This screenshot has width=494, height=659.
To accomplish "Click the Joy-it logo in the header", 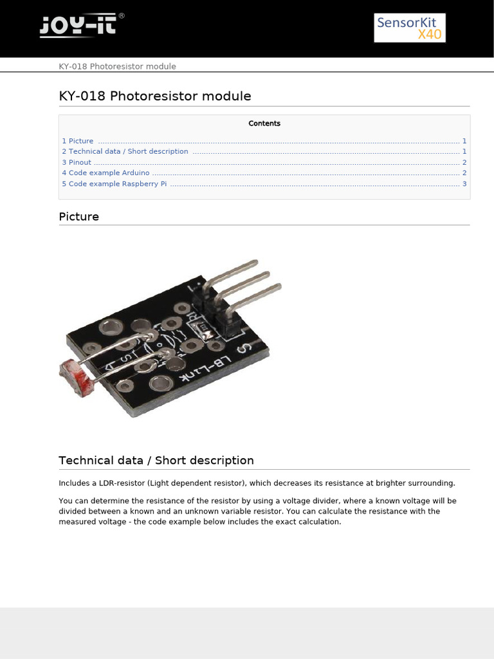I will [78, 26].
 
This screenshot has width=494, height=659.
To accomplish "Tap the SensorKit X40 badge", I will [410, 28].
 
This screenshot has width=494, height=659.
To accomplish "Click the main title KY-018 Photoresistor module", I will [154, 97].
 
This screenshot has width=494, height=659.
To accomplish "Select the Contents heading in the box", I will [264, 124].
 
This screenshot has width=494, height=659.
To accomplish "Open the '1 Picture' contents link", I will [78, 141].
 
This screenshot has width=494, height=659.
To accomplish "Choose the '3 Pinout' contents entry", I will [77, 162].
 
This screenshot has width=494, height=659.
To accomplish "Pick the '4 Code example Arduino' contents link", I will [105, 173].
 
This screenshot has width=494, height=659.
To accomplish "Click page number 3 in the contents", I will [464, 184].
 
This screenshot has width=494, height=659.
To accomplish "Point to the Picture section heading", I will [79, 217].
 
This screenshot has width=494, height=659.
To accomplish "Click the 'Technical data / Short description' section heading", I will [156, 461].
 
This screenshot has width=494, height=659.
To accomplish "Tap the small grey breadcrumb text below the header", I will [117, 66].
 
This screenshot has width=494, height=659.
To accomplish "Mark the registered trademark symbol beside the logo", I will [122, 15].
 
